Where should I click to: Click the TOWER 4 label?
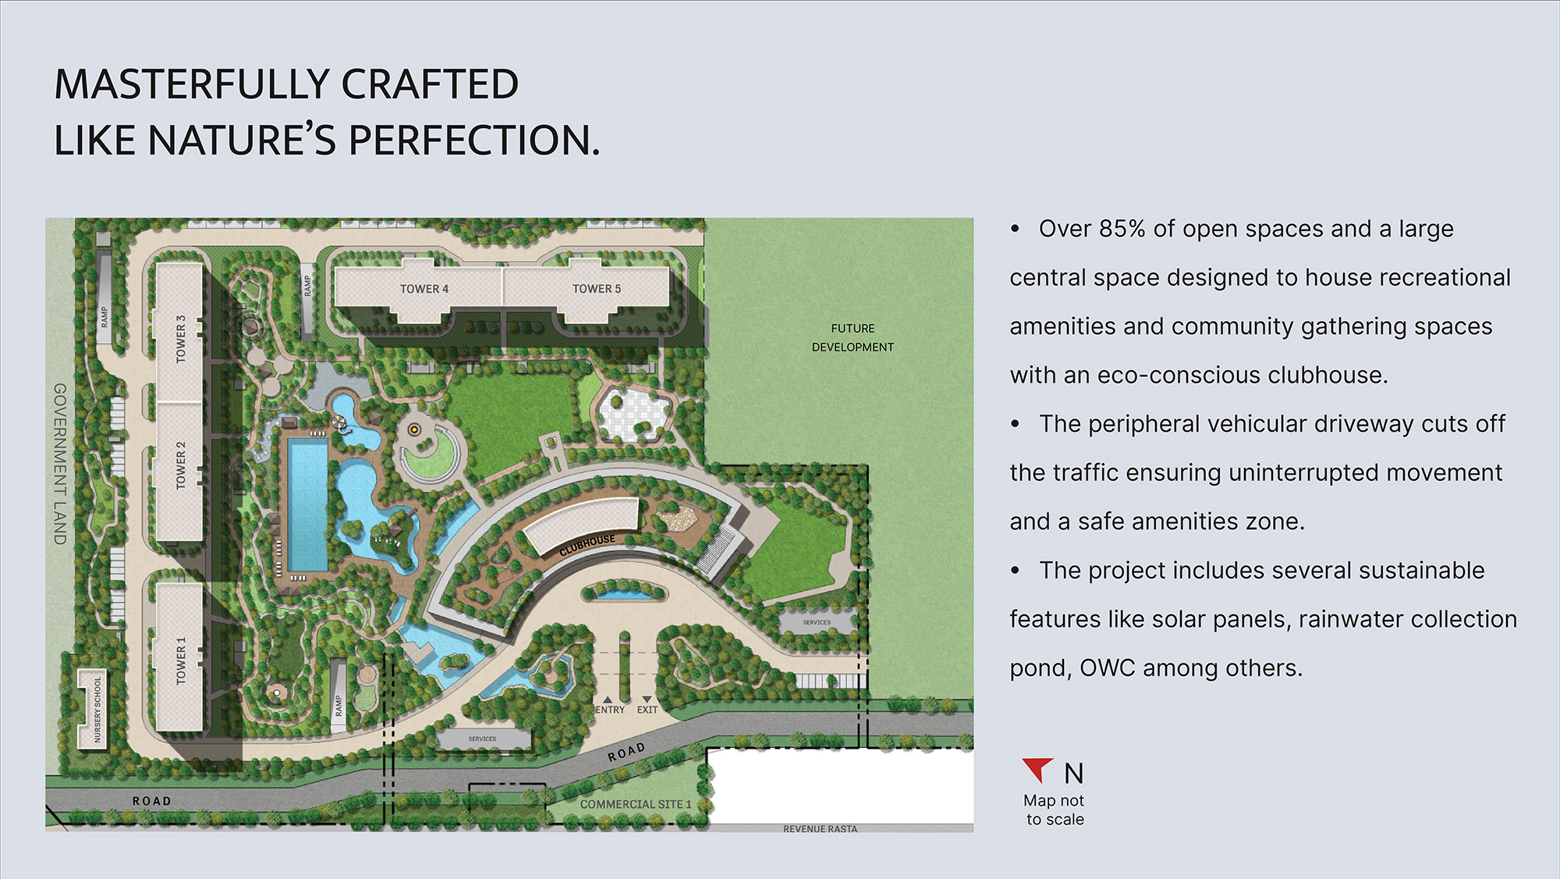(x=424, y=289)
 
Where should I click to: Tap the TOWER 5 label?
(x=597, y=289)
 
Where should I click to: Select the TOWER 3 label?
(x=181, y=339)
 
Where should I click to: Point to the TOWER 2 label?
(x=181, y=465)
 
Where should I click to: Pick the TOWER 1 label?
(x=181, y=660)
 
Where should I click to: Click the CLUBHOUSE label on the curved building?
(x=587, y=546)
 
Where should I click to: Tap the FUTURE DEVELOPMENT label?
(x=853, y=338)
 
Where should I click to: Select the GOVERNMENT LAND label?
(x=60, y=464)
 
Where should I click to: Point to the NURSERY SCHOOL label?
(x=97, y=710)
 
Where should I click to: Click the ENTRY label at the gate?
(x=610, y=710)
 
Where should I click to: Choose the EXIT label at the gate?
(x=647, y=710)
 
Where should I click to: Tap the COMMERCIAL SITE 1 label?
(x=636, y=804)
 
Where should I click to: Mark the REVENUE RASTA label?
(x=820, y=829)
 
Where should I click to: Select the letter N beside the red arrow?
(x=1074, y=774)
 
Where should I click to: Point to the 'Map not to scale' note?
(x=1055, y=810)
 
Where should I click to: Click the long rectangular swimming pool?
(x=307, y=504)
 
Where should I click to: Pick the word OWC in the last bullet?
(x=1107, y=668)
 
